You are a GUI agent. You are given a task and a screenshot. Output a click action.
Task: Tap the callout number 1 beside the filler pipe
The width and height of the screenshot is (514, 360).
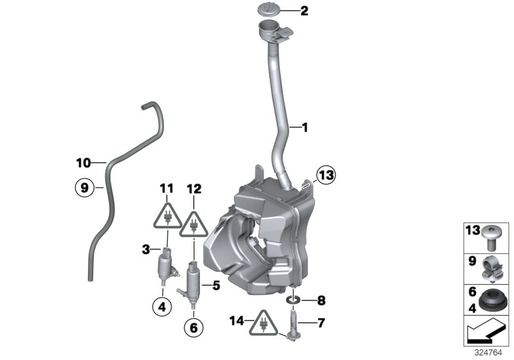pyautogui.click(x=305, y=128)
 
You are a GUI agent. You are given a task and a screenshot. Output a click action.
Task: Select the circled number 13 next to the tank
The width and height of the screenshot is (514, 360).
pyautogui.click(x=326, y=174)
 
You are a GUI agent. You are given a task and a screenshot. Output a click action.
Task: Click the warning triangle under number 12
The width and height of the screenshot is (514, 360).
pyautogui.click(x=193, y=224)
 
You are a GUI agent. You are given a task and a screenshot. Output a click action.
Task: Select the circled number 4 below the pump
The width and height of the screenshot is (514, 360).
pyautogui.click(x=163, y=307)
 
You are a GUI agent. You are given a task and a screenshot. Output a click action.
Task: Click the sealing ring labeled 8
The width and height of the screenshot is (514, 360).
pyautogui.click(x=293, y=300)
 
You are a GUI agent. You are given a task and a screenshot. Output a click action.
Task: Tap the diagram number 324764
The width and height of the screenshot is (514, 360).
pyautogui.click(x=495, y=354)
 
